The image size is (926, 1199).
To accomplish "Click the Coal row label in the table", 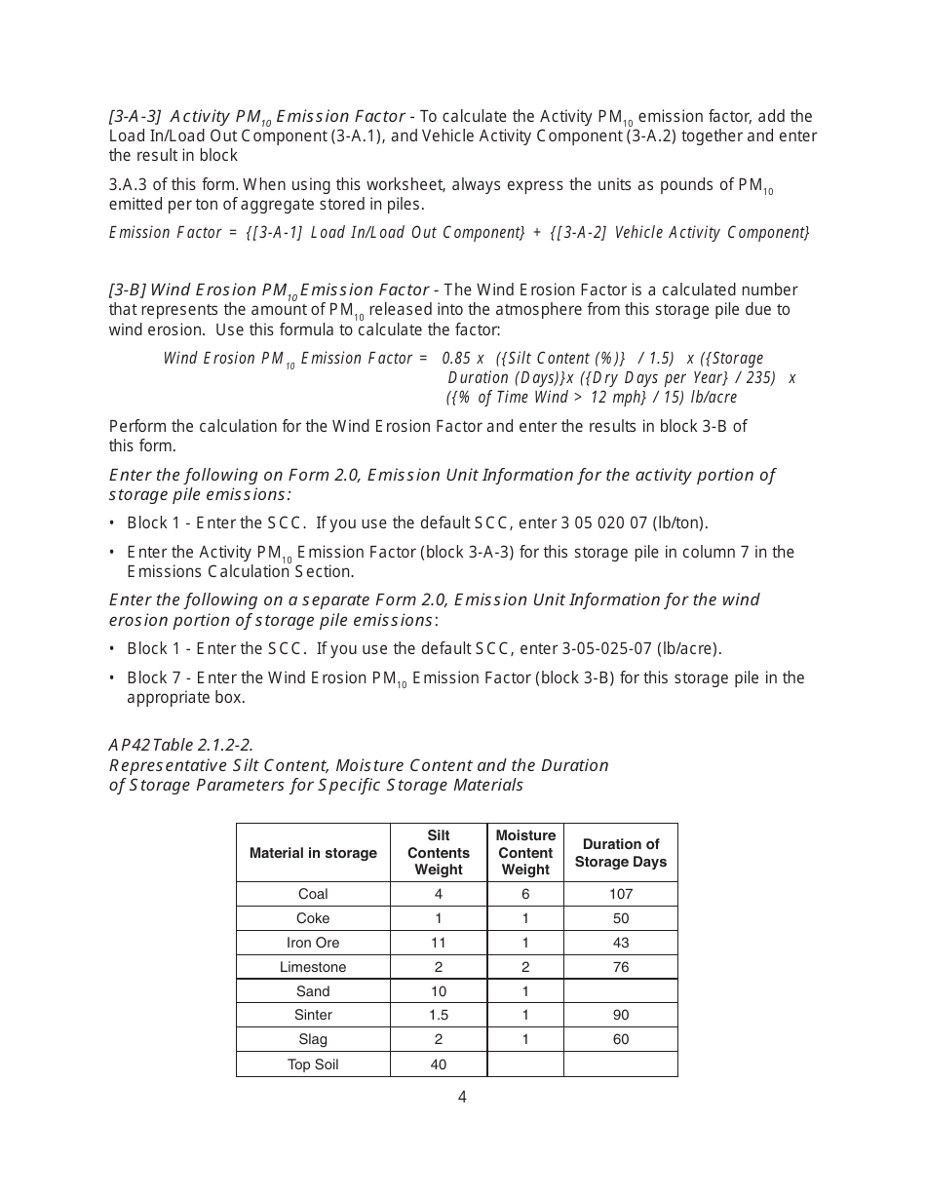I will pyautogui.click(x=313, y=894).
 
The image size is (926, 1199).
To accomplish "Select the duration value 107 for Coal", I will pyautogui.click(x=621, y=894).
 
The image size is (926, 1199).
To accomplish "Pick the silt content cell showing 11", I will pyautogui.click(x=439, y=943).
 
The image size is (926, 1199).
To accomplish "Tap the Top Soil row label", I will pyautogui.click(x=313, y=1064).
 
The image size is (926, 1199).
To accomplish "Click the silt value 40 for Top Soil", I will pyautogui.click(x=439, y=1064).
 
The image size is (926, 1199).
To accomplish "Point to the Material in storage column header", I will pyautogui.click(x=313, y=853).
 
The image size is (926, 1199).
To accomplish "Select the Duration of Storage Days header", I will pyautogui.click(x=621, y=853).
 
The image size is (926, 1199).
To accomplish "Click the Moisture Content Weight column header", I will pyautogui.click(x=525, y=853).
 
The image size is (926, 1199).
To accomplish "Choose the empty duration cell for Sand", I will pyautogui.click(x=621, y=991).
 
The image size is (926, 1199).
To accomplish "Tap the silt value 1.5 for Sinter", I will pyautogui.click(x=439, y=1016).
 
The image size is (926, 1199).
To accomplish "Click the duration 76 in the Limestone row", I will pyautogui.click(x=621, y=967).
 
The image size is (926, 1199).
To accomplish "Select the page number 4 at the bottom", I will pyautogui.click(x=462, y=1098).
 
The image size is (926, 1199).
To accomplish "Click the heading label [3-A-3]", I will pyautogui.click(x=135, y=117).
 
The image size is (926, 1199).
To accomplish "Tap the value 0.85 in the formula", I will pyautogui.click(x=457, y=359).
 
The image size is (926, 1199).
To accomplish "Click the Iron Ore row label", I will pyautogui.click(x=313, y=943).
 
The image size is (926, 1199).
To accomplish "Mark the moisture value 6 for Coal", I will pyautogui.click(x=525, y=894).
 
